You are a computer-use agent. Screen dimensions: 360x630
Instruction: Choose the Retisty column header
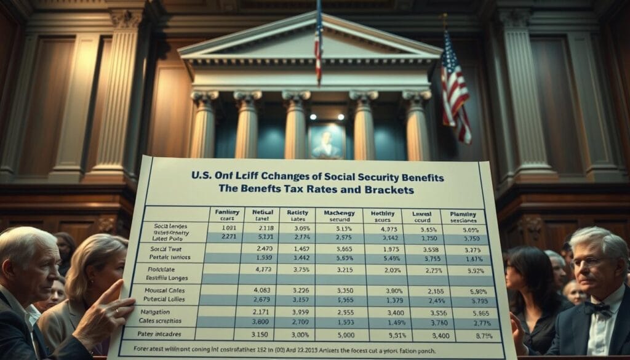pyautogui.click(x=297, y=215)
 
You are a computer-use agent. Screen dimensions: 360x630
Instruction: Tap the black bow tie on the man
pyautogui.click(x=597, y=307)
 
